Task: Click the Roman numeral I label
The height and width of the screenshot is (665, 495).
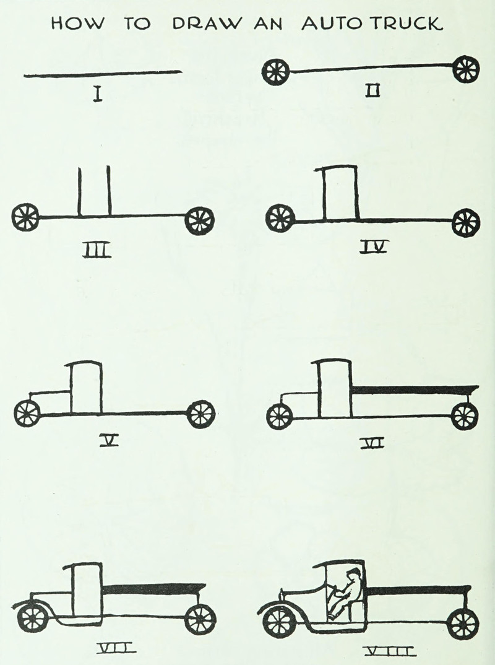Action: click(98, 94)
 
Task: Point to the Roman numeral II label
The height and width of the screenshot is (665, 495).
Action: click(373, 91)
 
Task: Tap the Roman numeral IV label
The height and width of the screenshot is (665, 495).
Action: click(374, 248)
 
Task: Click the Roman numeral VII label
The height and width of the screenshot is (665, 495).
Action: click(116, 648)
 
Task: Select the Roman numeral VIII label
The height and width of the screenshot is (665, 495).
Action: click(389, 650)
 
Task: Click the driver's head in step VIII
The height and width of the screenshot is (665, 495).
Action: click(355, 574)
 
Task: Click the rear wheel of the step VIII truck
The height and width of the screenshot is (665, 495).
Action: click(463, 624)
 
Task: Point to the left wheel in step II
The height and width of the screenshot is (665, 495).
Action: click(276, 72)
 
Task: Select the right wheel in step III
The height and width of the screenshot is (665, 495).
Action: click(199, 220)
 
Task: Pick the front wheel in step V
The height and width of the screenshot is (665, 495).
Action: click(27, 414)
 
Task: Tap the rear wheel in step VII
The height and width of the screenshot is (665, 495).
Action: click(200, 619)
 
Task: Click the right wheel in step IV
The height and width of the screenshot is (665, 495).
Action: click(466, 223)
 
